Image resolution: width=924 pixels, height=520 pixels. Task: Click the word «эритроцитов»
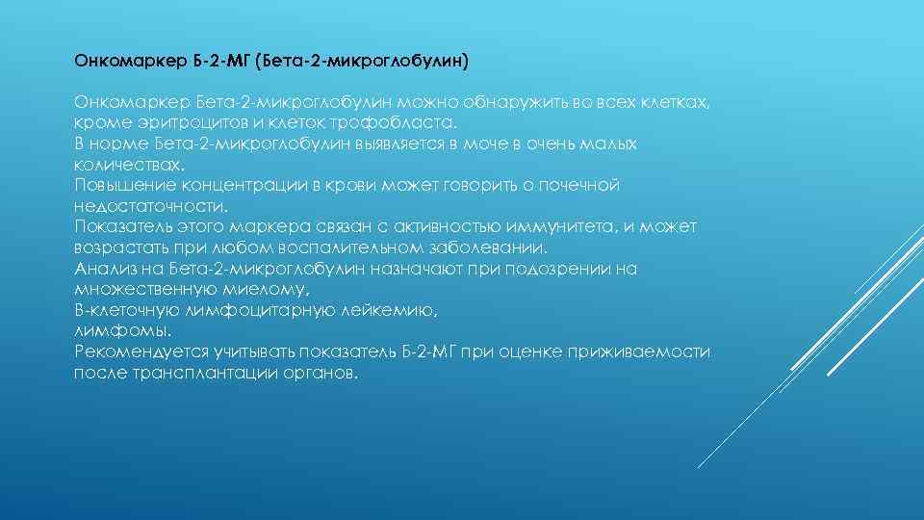[167, 123]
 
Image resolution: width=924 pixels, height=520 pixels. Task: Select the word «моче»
[491, 143]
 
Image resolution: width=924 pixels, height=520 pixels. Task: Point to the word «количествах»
[125, 165]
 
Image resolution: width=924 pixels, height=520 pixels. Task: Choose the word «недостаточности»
[150, 206]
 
